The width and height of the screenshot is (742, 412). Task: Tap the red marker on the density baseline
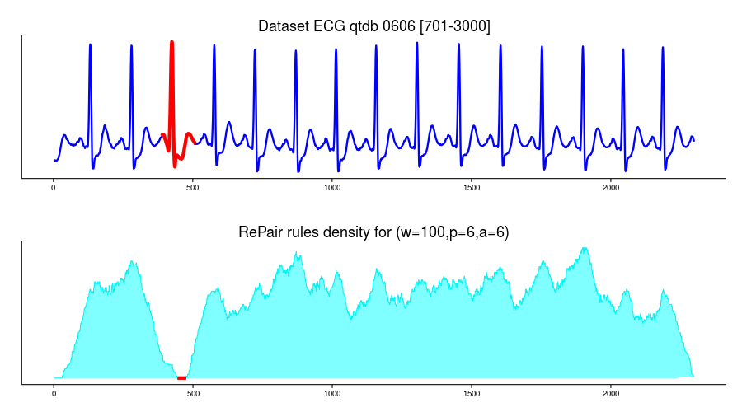[x=181, y=377]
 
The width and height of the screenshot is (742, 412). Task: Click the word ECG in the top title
[x=323, y=27]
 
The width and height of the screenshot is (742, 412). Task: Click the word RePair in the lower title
[x=261, y=233]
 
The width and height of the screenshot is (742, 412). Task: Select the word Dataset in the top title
[x=281, y=27]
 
